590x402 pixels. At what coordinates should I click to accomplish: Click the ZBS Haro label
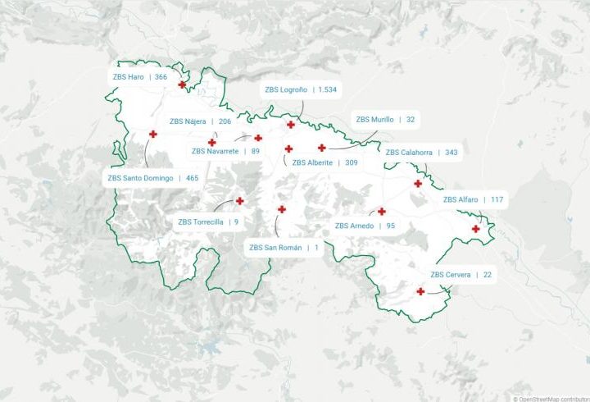[x=139, y=76]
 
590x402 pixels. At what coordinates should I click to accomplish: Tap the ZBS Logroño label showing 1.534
[x=300, y=89]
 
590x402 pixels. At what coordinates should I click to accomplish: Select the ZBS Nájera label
[x=200, y=121]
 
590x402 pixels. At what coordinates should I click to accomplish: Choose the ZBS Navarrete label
[x=225, y=151]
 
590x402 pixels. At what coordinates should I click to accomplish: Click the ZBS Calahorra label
[x=421, y=153]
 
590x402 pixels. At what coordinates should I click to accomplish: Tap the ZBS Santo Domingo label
[x=152, y=177]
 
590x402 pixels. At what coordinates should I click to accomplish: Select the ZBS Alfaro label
[x=473, y=199]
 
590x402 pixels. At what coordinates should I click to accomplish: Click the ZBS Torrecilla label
[x=208, y=221]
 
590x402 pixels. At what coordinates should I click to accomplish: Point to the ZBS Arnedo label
[x=365, y=226]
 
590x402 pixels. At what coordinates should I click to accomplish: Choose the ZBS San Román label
[x=284, y=247]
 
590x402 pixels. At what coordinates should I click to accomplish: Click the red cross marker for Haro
[x=182, y=84]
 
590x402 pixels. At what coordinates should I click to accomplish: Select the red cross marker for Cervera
[x=420, y=291]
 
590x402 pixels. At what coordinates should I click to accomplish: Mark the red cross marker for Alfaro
[x=475, y=229]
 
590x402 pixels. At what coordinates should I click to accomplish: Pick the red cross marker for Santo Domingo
[x=152, y=134]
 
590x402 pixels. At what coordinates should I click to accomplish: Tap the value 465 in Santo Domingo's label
[x=192, y=177]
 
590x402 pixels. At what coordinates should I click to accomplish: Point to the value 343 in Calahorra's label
[x=452, y=153]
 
